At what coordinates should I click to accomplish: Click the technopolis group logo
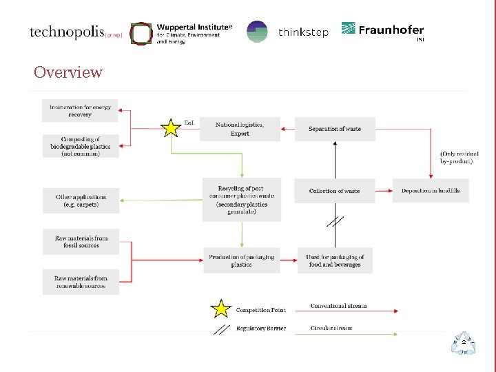[x=76, y=32]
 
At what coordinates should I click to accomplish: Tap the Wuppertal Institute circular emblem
[x=141, y=33]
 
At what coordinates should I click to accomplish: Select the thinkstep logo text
[x=303, y=32]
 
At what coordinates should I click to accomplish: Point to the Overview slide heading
[x=68, y=72]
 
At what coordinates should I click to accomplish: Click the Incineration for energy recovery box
[x=80, y=111]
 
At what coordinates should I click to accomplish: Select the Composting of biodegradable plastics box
[x=81, y=146]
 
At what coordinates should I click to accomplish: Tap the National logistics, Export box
[x=240, y=129]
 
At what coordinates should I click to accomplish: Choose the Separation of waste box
[x=335, y=129]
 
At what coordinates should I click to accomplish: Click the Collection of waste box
[x=334, y=191]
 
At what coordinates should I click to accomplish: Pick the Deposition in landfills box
[x=431, y=191]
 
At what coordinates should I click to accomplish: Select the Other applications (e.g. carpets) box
[x=81, y=200]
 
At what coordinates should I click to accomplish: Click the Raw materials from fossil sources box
[x=81, y=241]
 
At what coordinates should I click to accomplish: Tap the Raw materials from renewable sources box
[x=81, y=282]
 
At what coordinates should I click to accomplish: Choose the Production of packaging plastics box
[x=241, y=260]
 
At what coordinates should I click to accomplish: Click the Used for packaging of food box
[x=335, y=260]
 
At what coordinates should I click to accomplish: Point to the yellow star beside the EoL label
[x=169, y=127]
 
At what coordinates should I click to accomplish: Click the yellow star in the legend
[x=220, y=308]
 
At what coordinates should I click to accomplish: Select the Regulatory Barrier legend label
[x=260, y=329]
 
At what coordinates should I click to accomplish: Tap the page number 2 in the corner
[x=464, y=342]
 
